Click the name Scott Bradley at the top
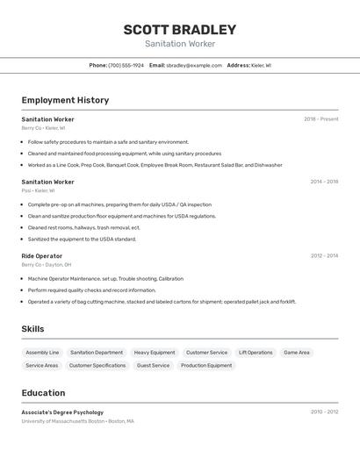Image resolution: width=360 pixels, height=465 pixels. pyautogui.click(x=179, y=29)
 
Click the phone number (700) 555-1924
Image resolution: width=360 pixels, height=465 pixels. pyautogui.click(x=126, y=65)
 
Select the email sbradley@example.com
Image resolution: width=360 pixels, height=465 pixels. pyautogui.click(x=194, y=65)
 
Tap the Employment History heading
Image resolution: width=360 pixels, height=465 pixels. pyautogui.click(x=65, y=100)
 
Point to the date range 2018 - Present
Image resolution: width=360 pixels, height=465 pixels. pyautogui.click(x=320, y=119)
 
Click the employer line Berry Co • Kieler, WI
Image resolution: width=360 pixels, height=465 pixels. pyautogui.click(x=44, y=128)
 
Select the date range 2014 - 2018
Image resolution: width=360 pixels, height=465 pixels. pyautogui.click(x=324, y=182)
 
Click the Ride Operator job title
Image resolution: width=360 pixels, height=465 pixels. pyautogui.click(x=42, y=256)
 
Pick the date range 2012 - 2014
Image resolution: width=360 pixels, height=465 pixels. pyautogui.click(x=324, y=256)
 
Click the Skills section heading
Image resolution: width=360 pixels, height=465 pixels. pyautogui.click(x=33, y=329)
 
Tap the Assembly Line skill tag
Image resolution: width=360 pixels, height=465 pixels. pyautogui.click(x=42, y=353)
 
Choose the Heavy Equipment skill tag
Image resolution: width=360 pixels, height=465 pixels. pyautogui.click(x=155, y=353)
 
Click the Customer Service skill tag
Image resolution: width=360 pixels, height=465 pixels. pyautogui.click(x=206, y=353)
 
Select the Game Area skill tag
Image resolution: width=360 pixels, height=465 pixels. pyautogui.click(x=296, y=353)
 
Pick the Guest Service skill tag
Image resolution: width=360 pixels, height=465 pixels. pyautogui.click(x=153, y=365)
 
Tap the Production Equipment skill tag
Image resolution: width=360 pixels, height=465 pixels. pyautogui.click(x=206, y=365)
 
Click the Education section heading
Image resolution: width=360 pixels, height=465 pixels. pyautogui.click(x=43, y=393)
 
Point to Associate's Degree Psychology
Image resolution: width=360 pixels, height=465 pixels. pyautogui.click(x=62, y=412)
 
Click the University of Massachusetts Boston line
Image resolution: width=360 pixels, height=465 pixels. pyautogui.click(x=77, y=421)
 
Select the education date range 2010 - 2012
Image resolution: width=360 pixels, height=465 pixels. pyautogui.click(x=324, y=411)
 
